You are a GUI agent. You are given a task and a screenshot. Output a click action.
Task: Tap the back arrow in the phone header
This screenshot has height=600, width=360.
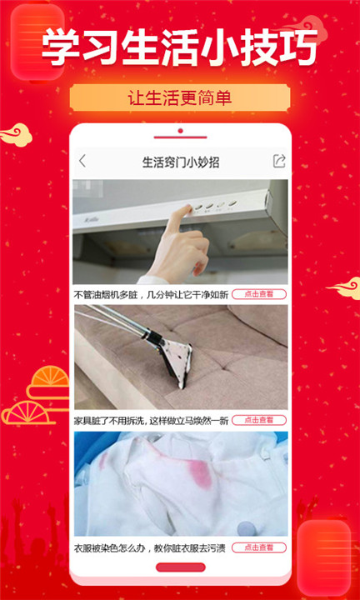(x=82, y=161)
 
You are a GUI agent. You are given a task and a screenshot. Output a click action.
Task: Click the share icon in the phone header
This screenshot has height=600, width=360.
(x=279, y=161)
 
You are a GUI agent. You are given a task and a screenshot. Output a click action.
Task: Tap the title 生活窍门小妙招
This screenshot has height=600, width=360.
(x=181, y=161)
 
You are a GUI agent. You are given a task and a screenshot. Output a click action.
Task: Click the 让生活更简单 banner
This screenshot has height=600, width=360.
(x=180, y=97)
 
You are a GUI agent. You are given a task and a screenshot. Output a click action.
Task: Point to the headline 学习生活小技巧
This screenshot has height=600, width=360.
(x=180, y=47)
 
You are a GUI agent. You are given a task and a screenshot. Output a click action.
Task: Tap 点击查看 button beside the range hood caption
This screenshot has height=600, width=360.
(x=258, y=294)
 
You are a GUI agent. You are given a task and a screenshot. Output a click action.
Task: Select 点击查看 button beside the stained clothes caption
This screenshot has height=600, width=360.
(x=258, y=547)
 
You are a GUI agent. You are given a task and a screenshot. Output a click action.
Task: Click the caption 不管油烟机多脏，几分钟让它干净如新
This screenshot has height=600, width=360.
(x=151, y=294)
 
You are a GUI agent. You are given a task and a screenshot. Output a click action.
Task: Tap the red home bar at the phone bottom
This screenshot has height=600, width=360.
(x=180, y=567)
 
